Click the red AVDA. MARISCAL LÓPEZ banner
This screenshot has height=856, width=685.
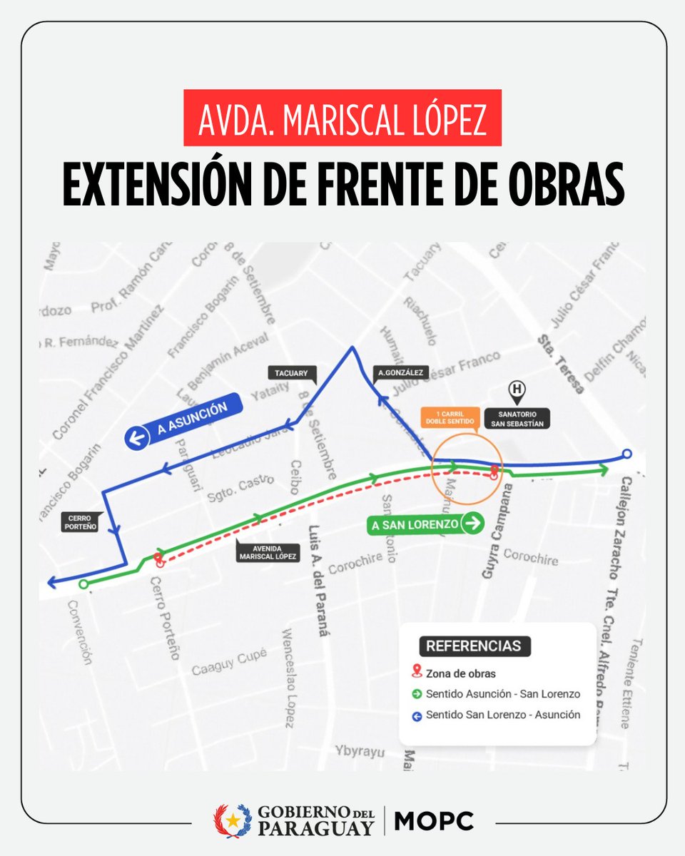tap(342, 118)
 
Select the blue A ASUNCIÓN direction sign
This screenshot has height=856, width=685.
tap(184, 419)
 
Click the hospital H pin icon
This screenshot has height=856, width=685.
tap(516, 390)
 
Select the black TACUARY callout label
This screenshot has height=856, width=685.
tap(291, 372)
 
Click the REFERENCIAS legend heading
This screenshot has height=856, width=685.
tap(474, 646)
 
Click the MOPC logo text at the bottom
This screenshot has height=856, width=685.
tap(434, 821)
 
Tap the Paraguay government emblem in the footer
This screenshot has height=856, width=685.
tap(233, 821)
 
